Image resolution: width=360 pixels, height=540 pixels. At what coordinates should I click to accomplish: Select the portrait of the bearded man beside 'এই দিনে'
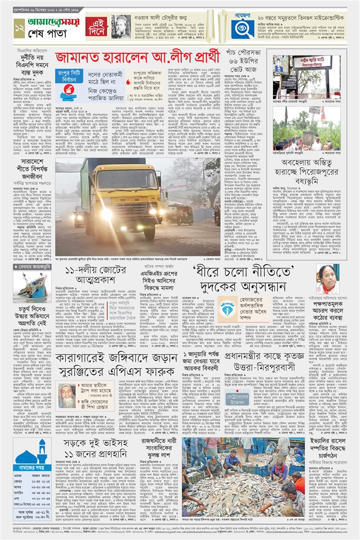[121, 26]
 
